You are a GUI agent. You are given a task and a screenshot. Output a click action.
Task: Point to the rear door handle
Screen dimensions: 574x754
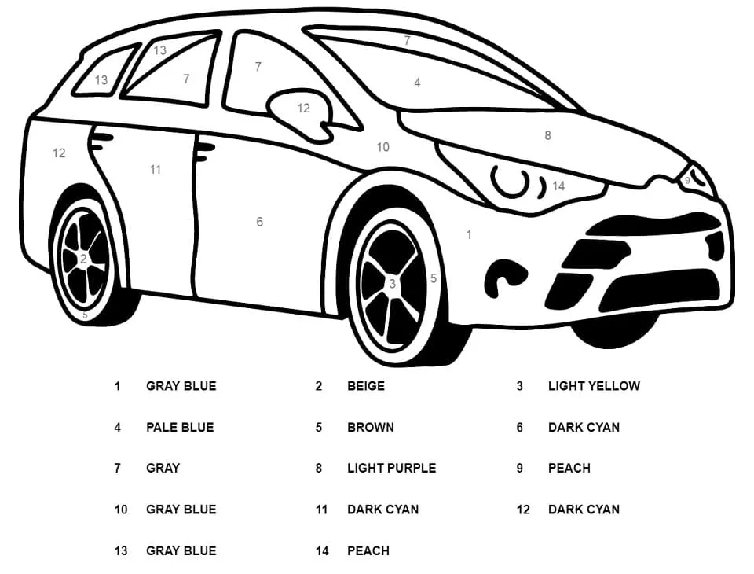click(101, 141)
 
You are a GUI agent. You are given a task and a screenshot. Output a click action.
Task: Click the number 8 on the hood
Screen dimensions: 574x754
click(547, 135)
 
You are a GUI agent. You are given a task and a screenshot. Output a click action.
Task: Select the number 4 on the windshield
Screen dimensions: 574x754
click(417, 83)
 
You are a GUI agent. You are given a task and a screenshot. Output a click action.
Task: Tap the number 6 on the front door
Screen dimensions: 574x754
click(259, 222)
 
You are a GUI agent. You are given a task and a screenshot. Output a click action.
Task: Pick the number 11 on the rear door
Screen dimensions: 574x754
click(156, 169)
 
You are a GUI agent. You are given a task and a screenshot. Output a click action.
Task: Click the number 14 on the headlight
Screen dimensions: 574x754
click(558, 186)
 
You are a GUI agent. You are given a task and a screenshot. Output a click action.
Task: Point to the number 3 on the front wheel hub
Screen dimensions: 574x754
click(392, 284)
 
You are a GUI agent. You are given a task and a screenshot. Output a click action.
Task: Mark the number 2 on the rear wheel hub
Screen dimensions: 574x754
click(83, 258)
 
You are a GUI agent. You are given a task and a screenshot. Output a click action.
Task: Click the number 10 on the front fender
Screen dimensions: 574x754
click(382, 147)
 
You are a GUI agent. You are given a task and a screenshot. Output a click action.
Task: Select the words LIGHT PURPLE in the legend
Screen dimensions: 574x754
click(391, 468)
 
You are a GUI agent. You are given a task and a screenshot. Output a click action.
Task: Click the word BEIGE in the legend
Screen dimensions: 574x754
click(366, 386)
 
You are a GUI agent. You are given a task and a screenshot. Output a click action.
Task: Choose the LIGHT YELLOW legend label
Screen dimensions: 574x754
click(594, 386)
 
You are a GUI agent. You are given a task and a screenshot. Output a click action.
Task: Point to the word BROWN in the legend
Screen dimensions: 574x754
click(371, 427)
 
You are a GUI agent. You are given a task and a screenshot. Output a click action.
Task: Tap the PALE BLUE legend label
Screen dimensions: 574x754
click(180, 427)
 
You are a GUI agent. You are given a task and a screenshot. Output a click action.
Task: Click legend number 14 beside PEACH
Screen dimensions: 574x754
click(322, 550)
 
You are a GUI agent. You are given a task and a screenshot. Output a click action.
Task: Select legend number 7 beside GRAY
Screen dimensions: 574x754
click(118, 468)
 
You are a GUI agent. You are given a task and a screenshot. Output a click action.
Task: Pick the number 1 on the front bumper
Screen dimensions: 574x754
click(469, 234)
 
